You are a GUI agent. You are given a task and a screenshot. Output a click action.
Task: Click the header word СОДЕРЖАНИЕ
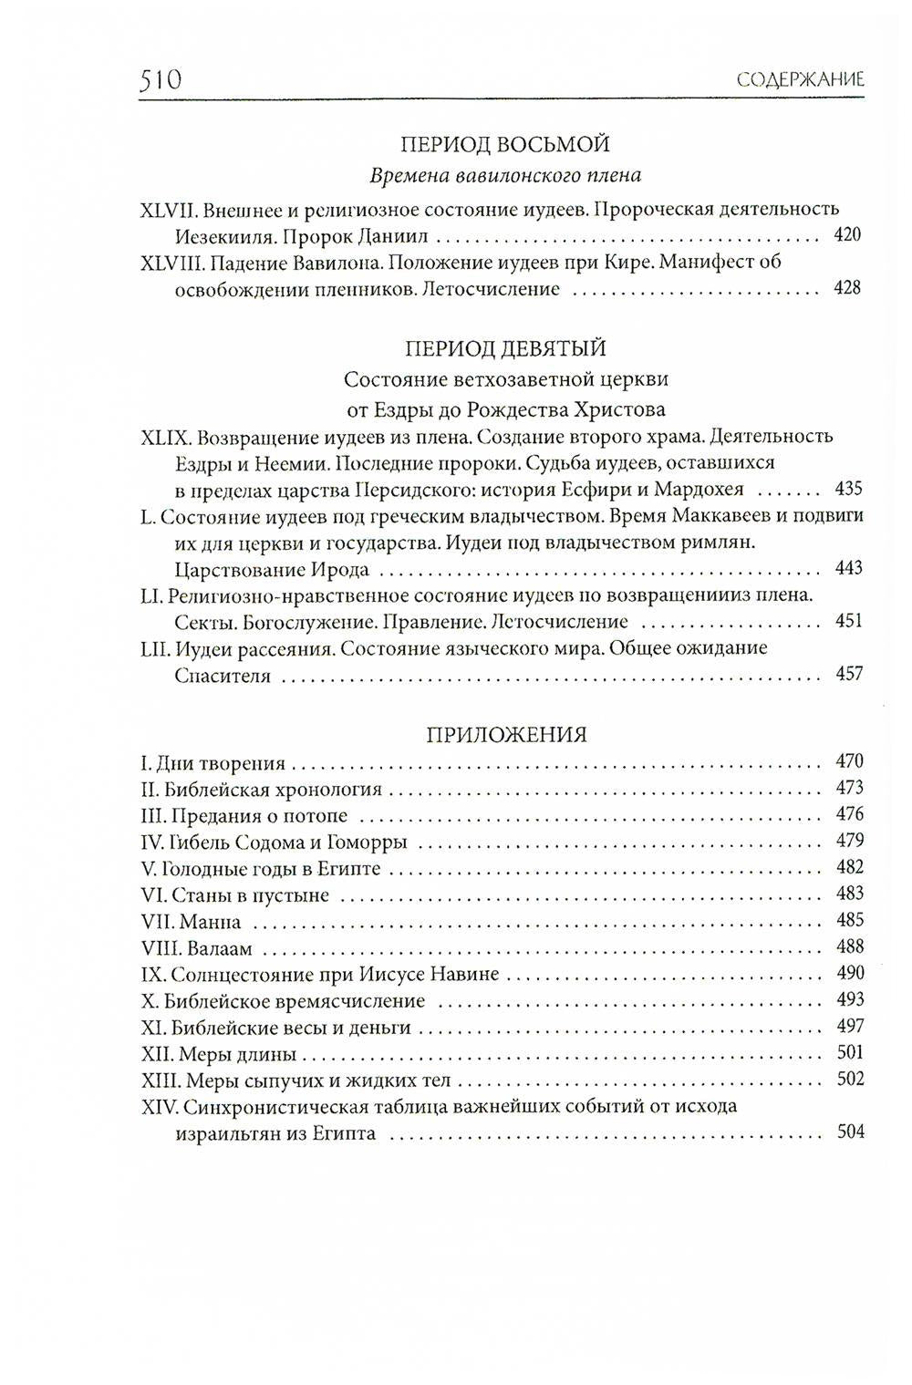pos(800,80)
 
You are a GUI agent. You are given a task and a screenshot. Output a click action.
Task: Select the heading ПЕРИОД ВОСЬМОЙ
pos(505,144)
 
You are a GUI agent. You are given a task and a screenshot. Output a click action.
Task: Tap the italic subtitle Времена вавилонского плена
pos(505,175)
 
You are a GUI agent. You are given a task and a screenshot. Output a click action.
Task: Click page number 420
pos(847,236)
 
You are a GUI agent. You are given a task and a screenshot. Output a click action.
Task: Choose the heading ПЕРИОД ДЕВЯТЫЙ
pos(505,348)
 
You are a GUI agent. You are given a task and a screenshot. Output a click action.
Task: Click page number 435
pos(847,489)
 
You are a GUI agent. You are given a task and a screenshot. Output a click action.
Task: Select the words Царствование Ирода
pos(272,570)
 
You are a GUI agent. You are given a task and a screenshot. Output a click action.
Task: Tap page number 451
pos(847,622)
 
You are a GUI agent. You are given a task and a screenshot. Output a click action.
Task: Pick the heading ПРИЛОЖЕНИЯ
pos(506,735)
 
